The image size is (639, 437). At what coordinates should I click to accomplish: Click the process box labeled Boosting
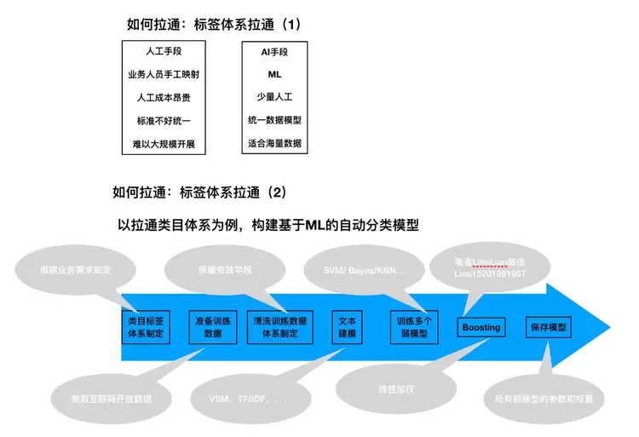(481, 327)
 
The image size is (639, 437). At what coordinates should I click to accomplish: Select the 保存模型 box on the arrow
(548, 327)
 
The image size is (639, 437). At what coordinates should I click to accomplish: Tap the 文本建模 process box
(346, 327)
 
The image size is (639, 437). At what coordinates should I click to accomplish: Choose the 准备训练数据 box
(213, 327)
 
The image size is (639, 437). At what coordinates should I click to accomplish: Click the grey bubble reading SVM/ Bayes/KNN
(356, 270)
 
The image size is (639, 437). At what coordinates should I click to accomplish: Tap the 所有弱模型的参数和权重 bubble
(543, 398)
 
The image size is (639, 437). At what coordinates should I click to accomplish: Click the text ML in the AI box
(274, 74)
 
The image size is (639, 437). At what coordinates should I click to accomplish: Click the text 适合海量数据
(274, 143)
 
